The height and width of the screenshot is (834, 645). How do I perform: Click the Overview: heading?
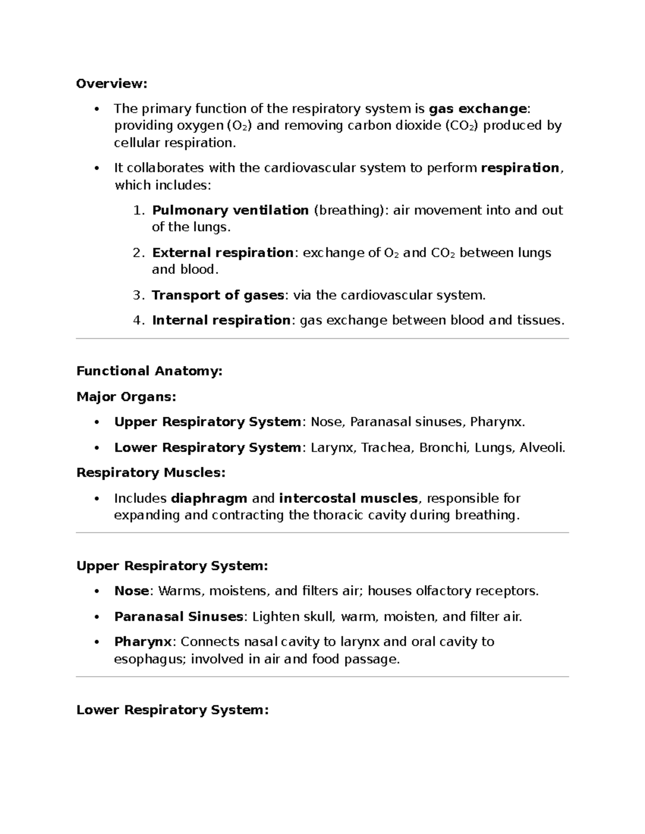click(111, 84)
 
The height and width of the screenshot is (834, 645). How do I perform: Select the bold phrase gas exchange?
click(477, 109)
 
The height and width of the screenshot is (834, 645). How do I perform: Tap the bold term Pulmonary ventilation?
click(230, 210)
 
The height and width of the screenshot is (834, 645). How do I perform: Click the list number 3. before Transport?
click(138, 295)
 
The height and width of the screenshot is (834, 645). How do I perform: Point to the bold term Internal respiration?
click(221, 321)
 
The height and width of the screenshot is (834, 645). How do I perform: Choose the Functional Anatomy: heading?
click(149, 371)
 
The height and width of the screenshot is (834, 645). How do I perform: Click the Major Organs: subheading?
click(126, 397)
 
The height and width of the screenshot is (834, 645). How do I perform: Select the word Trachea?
click(385, 448)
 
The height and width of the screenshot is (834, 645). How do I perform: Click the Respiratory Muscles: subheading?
click(150, 473)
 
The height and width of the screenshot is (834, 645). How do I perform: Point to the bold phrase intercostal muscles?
click(348, 499)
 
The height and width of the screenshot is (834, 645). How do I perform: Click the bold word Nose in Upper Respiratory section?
click(131, 591)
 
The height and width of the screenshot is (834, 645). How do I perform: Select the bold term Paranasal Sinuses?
click(179, 617)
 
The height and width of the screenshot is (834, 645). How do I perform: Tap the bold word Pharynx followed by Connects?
click(142, 642)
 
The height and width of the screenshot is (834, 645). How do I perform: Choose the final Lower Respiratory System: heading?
click(172, 710)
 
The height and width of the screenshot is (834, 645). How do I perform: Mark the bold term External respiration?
click(223, 253)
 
